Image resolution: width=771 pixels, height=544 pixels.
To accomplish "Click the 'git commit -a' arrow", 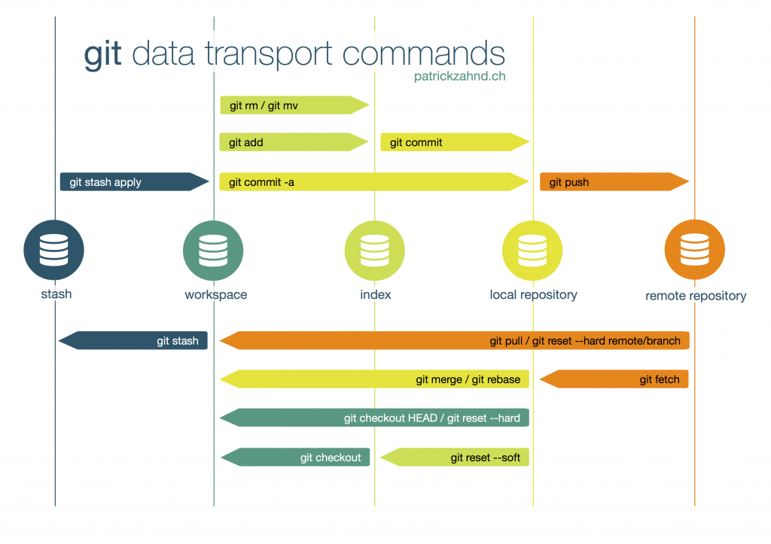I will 373,182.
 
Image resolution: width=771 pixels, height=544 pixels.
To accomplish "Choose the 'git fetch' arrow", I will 614,379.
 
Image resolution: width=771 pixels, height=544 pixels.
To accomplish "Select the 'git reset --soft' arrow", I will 455,457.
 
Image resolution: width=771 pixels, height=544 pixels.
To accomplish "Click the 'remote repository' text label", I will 696,296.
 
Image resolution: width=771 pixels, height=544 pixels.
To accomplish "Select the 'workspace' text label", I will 215,294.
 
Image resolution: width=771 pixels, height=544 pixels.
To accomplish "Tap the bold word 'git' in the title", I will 103,55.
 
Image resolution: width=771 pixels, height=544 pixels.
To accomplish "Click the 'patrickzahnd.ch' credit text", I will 459,76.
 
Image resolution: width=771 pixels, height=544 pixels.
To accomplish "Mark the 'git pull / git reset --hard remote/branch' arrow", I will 455,341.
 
